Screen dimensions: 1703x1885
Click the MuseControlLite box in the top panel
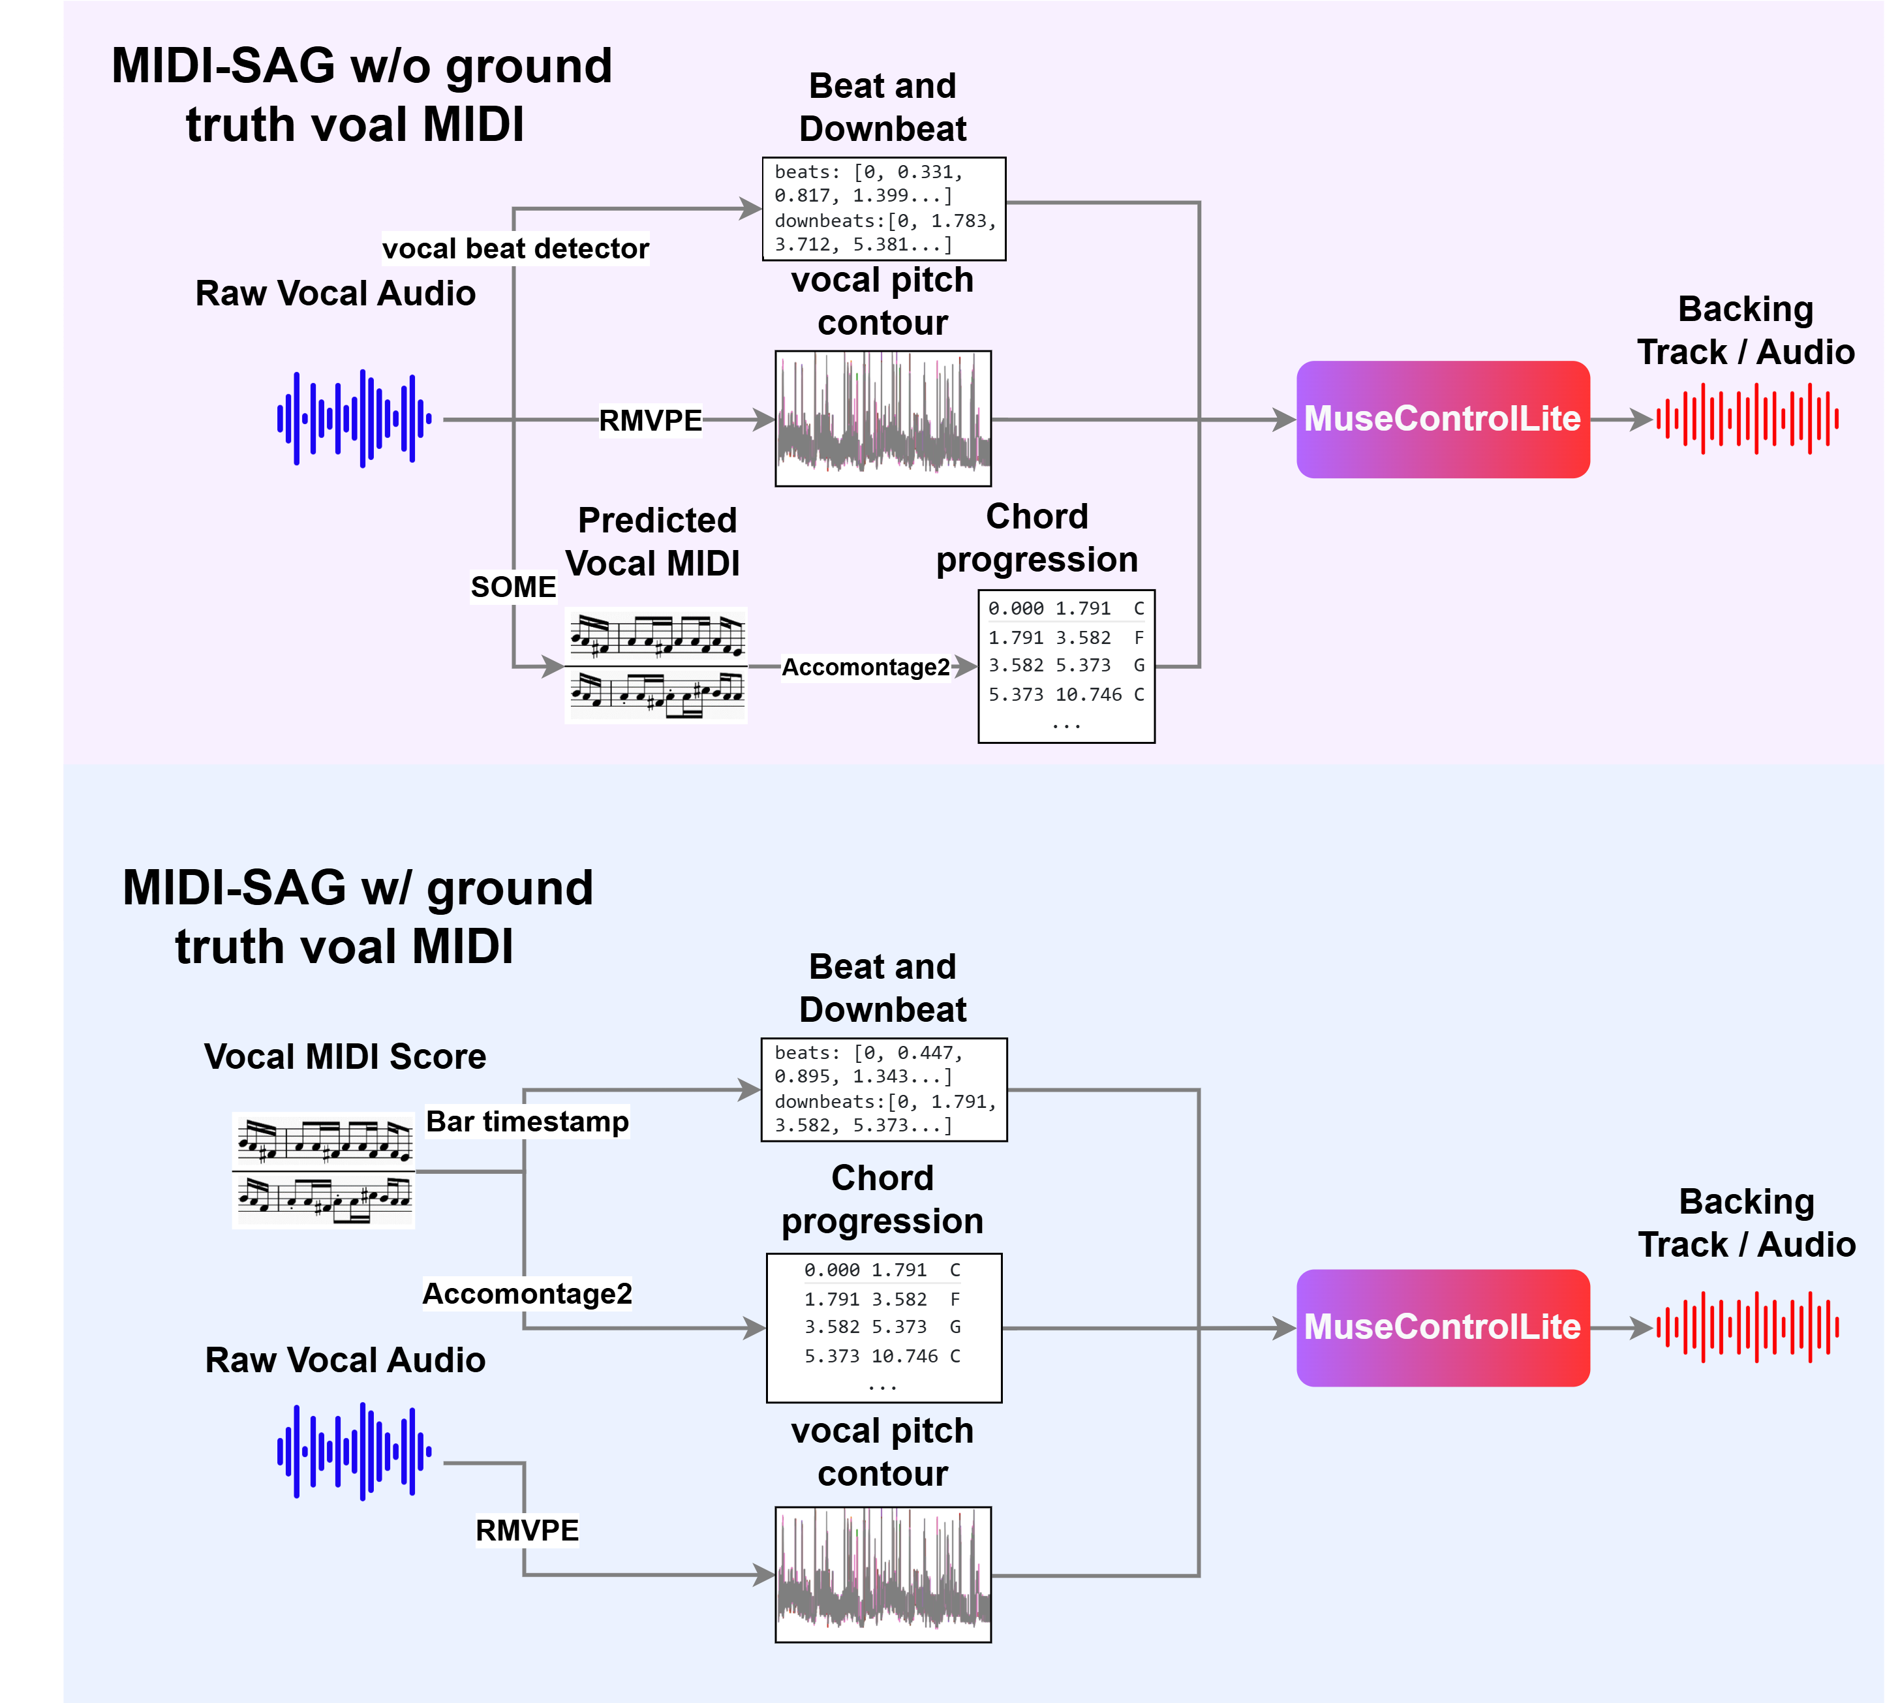(1442, 419)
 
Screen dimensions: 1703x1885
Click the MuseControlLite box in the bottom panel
(1442, 1327)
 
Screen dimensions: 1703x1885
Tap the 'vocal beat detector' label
(515, 249)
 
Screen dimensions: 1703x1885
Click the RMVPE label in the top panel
(650, 421)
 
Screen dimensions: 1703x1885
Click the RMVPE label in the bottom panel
(527, 1530)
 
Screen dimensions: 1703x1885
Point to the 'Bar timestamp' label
(527, 1122)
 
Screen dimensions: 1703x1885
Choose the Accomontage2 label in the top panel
(865, 667)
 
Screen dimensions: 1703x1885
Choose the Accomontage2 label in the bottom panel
(527, 1293)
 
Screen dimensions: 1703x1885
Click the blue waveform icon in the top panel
(354, 419)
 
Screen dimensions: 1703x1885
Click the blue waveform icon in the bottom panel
(354, 1451)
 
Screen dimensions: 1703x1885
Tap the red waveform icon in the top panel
(1747, 419)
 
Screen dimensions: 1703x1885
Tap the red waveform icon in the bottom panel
(1747, 1327)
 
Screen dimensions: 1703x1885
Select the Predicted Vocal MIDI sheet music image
(656, 665)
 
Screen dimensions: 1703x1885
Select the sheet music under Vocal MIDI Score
(324, 1170)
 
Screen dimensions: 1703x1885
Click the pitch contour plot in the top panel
(883, 418)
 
